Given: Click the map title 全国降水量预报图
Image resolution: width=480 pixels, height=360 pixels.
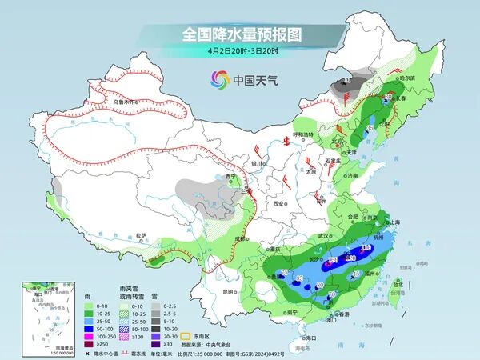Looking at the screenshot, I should [240, 34].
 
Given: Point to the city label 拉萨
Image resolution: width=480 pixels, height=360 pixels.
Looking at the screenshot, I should [142, 235].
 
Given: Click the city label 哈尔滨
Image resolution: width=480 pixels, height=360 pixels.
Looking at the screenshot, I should [407, 78].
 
